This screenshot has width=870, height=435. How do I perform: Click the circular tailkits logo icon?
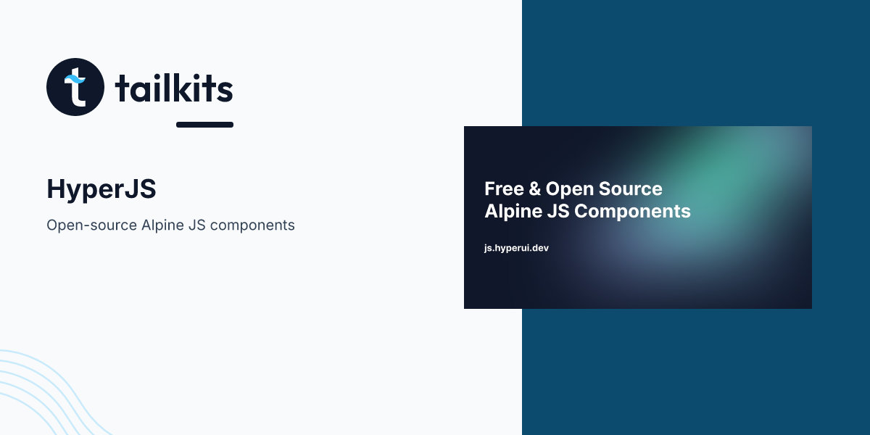pyautogui.click(x=76, y=87)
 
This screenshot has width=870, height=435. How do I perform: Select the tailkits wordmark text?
pyautogui.click(x=174, y=88)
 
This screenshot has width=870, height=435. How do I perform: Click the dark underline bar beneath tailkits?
pyautogui.click(x=204, y=125)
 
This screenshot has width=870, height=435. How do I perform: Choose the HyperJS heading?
pyautogui.click(x=101, y=189)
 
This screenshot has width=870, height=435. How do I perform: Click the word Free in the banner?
pyautogui.click(x=503, y=189)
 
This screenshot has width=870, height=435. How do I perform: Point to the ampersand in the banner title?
pyautogui.click(x=534, y=189)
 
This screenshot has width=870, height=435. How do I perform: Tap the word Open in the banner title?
pyautogui.click(x=568, y=189)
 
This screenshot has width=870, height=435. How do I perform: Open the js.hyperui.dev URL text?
pyautogui.click(x=516, y=248)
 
